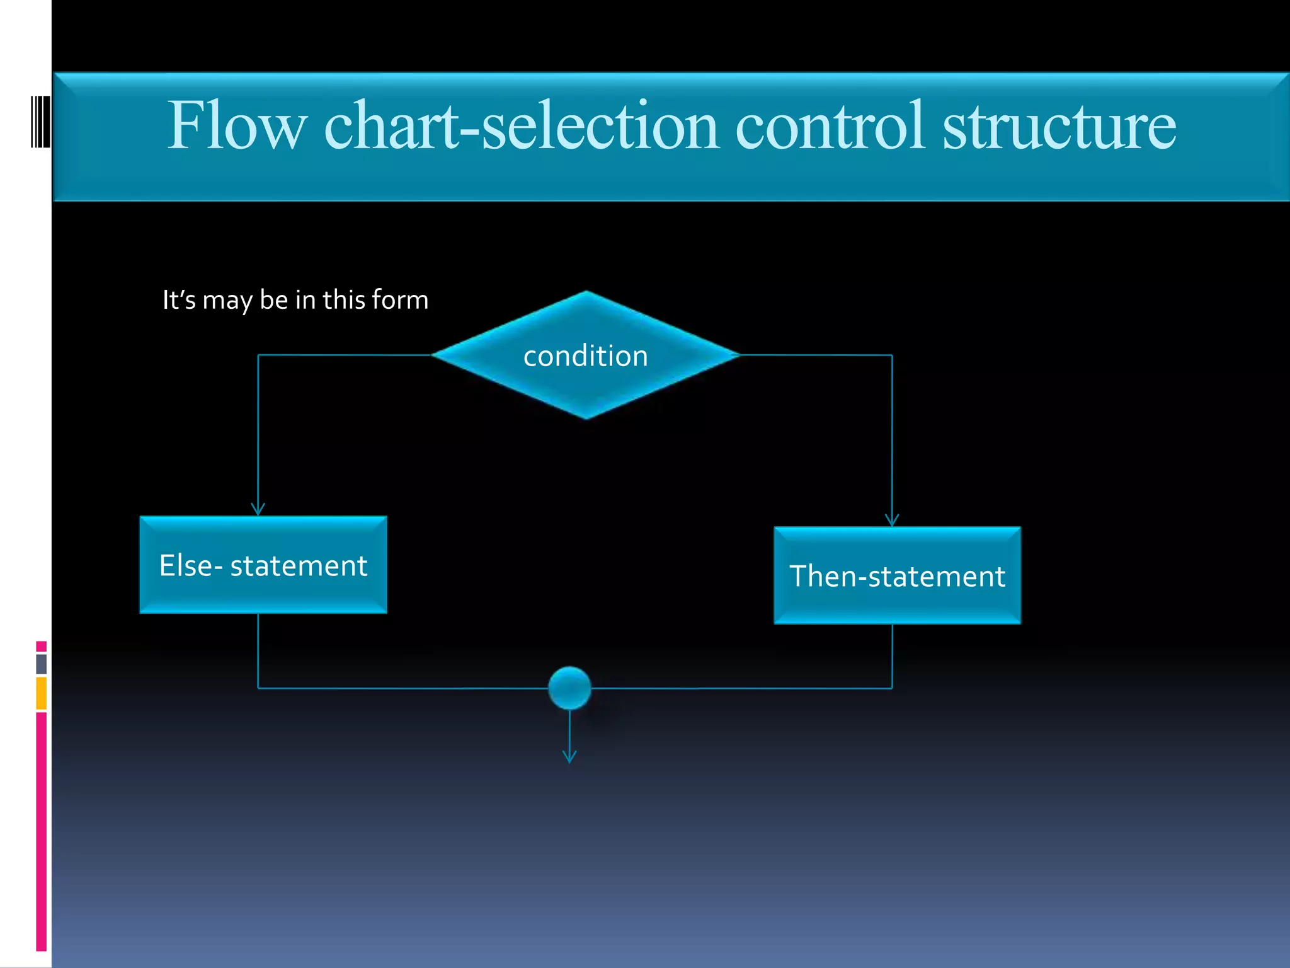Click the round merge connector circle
click(x=569, y=688)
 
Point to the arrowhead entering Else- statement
click(x=258, y=509)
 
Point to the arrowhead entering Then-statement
click(x=892, y=520)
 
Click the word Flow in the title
click(x=237, y=126)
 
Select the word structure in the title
click(x=1059, y=126)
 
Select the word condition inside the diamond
click(x=586, y=356)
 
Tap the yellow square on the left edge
click(x=42, y=693)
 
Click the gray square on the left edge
click(x=42, y=664)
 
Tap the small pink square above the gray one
click(x=42, y=646)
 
